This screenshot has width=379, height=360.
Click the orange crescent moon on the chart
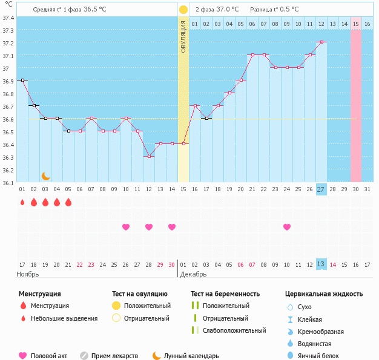(45, 176)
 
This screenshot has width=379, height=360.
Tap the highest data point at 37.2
(321, 42)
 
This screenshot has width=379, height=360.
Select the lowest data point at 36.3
(149, 156)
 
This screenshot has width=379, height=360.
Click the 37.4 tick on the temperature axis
(8, 18)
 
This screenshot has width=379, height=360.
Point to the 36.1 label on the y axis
(8, 183)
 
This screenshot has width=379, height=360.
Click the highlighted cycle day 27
(321, 189)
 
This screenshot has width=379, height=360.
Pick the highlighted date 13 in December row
(321, 264)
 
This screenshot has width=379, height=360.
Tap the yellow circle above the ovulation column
(183, 10)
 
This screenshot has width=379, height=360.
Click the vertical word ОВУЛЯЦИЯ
(183, 37)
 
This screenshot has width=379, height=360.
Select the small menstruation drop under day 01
(22, 202)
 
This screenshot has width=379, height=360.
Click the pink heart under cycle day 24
(287, 227)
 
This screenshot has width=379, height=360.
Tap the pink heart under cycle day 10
(126, 227)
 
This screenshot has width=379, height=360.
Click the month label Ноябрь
(28, 274)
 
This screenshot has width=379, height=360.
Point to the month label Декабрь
(193, 274)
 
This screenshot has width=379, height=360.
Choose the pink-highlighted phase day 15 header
(356, 24)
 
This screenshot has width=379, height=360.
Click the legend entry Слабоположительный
(234, 330)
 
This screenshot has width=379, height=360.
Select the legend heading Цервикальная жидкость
(324, 294)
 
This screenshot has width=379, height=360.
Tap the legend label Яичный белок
(318, 356)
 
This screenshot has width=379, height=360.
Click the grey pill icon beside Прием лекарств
(84, 356)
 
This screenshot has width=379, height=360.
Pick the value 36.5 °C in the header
(94, 9)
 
